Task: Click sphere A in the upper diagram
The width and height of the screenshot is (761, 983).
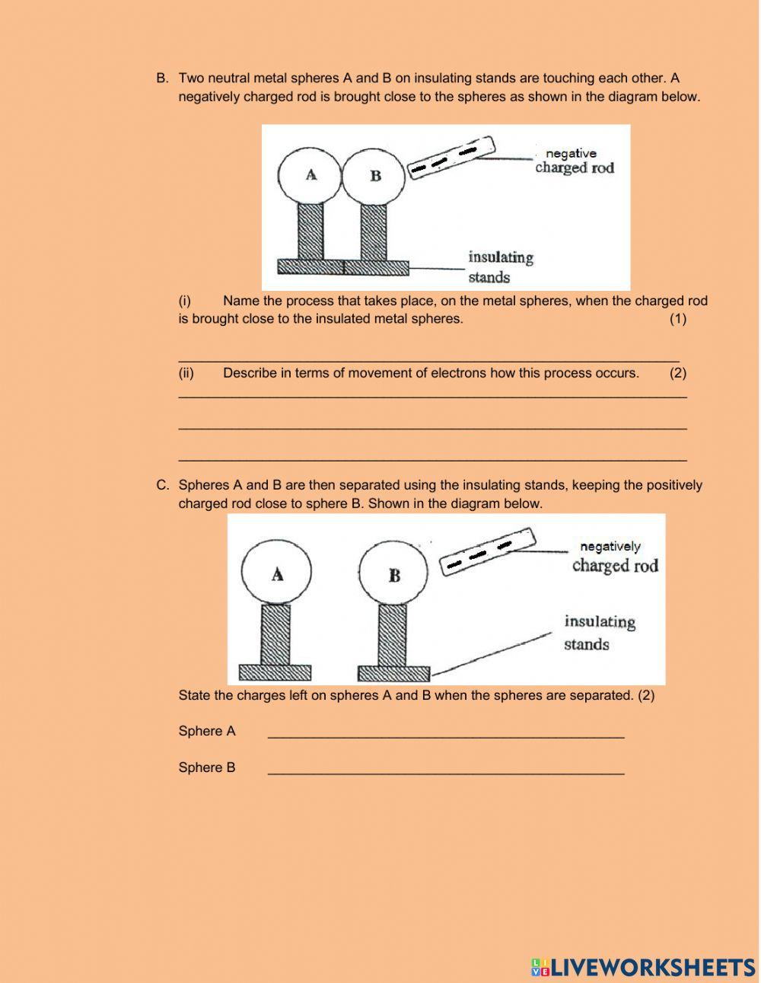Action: point(310,175)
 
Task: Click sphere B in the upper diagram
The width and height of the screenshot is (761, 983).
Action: point(374,176)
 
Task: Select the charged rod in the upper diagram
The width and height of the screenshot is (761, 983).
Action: point(452,157)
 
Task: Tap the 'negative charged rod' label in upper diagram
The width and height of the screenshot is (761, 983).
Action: point(574,161)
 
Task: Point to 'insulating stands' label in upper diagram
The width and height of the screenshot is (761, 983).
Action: point(500,266)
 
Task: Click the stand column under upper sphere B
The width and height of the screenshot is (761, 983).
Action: point(374,231)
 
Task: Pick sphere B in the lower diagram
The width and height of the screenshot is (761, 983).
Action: point(393,576)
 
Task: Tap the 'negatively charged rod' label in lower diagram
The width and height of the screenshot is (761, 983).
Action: point(614,557)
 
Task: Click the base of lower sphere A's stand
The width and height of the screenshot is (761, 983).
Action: point(275,672)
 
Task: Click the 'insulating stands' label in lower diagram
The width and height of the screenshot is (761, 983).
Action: point(599,632)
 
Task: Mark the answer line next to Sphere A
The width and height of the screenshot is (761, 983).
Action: point(446,736)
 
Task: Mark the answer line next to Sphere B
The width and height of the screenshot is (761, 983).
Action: point(446,772)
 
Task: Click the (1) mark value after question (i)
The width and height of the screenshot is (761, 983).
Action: point(677,319)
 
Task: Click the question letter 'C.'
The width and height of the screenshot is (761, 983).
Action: point(162,485)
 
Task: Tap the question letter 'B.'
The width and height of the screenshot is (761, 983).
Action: point(162,78)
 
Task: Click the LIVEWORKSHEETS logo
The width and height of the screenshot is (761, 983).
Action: point(643,967)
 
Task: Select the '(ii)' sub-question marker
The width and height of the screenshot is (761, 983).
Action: point(186,373)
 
